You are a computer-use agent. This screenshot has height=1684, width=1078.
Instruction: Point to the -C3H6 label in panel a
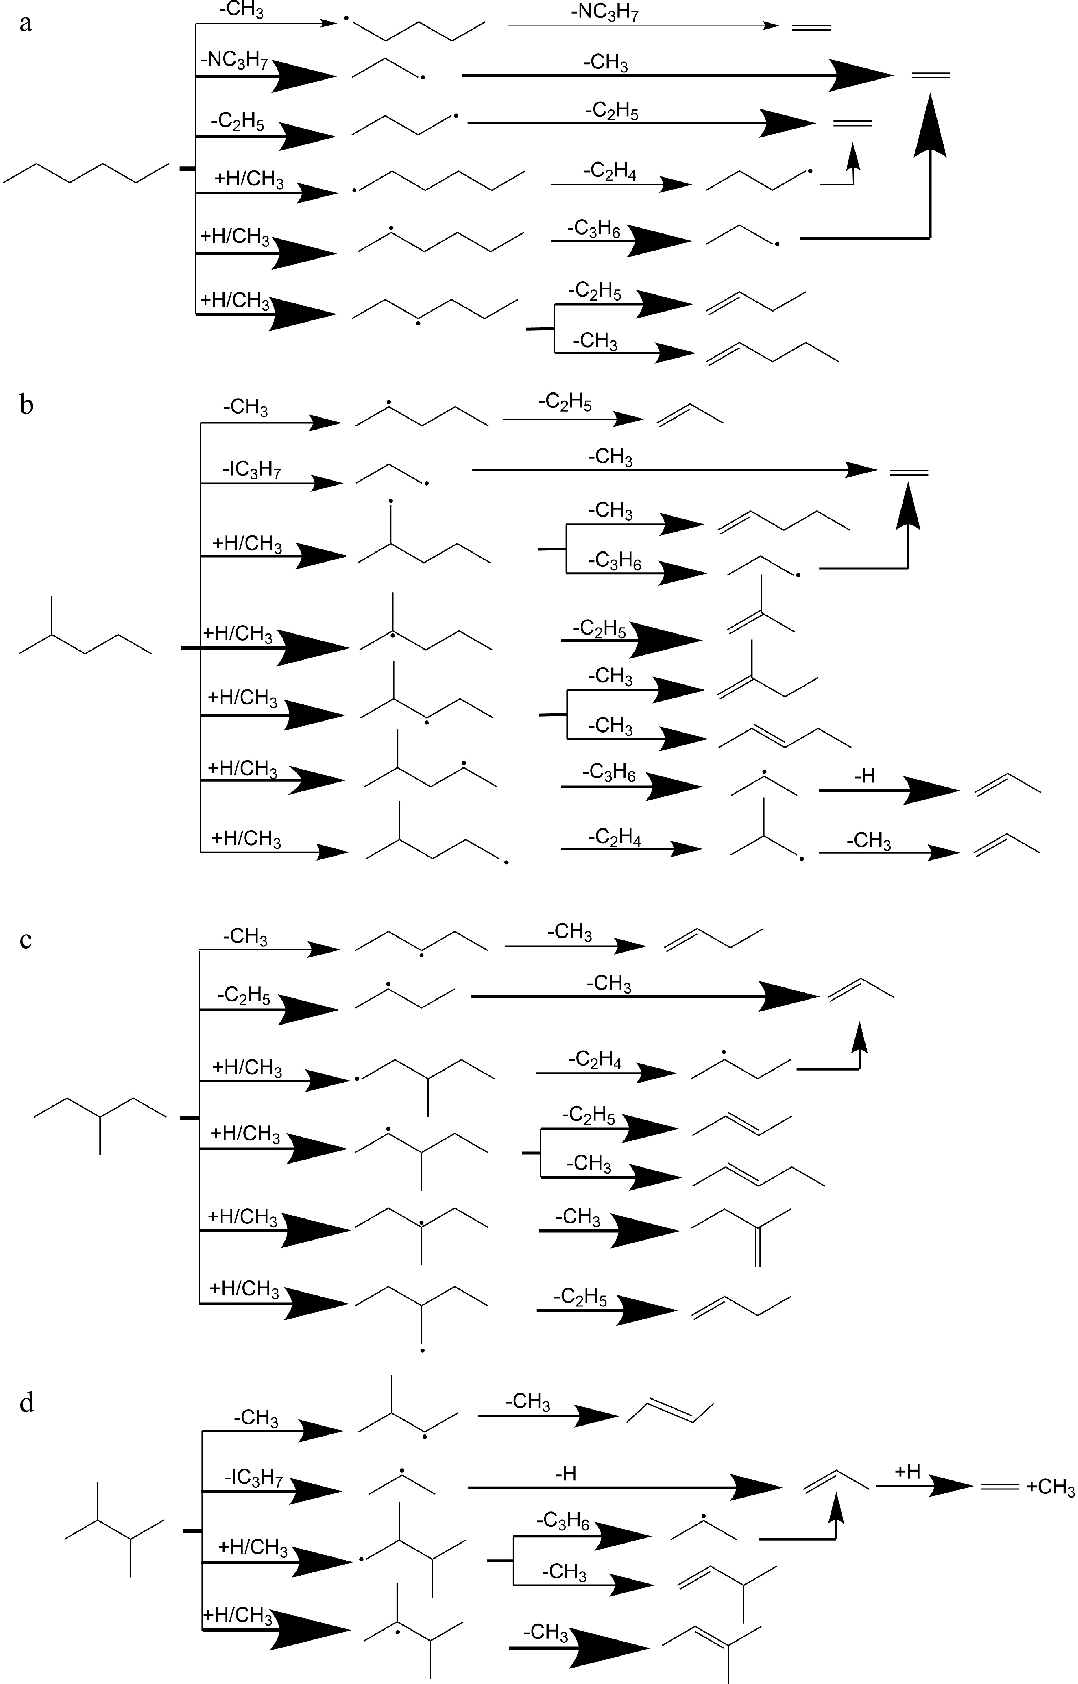pyautogui.click(x=594, y=228)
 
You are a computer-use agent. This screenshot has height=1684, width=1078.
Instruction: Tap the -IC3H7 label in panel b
pyautogui.click(x=252, y=469)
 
